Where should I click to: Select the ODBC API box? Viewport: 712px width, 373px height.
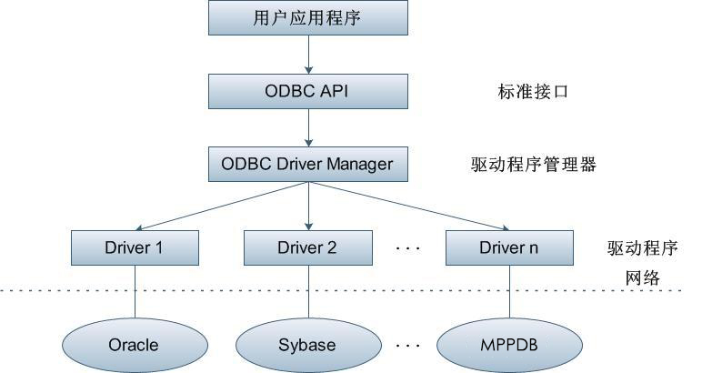coord(307,91)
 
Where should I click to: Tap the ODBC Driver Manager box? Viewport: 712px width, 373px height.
coord(307,165)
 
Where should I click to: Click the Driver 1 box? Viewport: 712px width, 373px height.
coord(135,247)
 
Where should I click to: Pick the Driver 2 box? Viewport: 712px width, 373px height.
coord(307,247)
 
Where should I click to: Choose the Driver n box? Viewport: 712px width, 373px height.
coord(509,247)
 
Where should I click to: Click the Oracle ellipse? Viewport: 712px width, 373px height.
coord(134,345)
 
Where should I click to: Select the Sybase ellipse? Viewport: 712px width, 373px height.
coord(307,345)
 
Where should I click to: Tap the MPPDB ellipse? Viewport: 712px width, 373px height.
coord(508,345)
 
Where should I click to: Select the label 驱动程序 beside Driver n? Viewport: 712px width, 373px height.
coord(643,247)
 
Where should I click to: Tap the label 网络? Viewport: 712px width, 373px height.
coord(643,277)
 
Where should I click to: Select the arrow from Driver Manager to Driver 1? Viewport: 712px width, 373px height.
coord(223,205)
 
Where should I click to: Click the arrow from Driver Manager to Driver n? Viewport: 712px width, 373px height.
coord(409,205)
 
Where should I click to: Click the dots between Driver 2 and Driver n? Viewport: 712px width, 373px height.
coord(408,247)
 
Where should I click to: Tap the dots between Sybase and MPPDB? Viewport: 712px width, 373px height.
coord(408,346)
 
